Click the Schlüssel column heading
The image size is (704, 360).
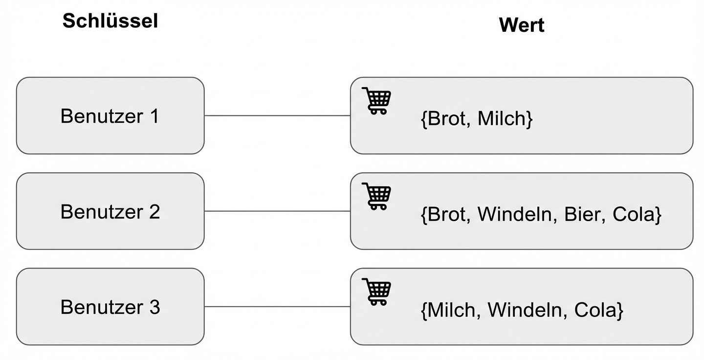(110, 21)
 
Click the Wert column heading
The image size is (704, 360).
(521, 25)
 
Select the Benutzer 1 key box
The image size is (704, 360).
(110, 116)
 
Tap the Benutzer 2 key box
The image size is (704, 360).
(110, 211)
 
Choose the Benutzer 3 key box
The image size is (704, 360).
(110, 307)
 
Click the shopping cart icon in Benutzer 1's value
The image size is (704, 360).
(376, 100)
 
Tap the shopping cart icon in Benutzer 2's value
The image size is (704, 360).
(376, 196)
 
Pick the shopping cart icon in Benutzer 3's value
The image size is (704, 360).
(376, 291)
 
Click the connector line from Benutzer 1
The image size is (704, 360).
(277, 116)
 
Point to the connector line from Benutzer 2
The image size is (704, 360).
(277, 211)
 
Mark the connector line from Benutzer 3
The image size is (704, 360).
(277, 307)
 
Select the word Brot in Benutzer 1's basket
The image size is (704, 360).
(444, 119)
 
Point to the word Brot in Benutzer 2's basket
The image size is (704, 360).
(444, 215)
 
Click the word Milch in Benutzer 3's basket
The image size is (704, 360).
(452, 310)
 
